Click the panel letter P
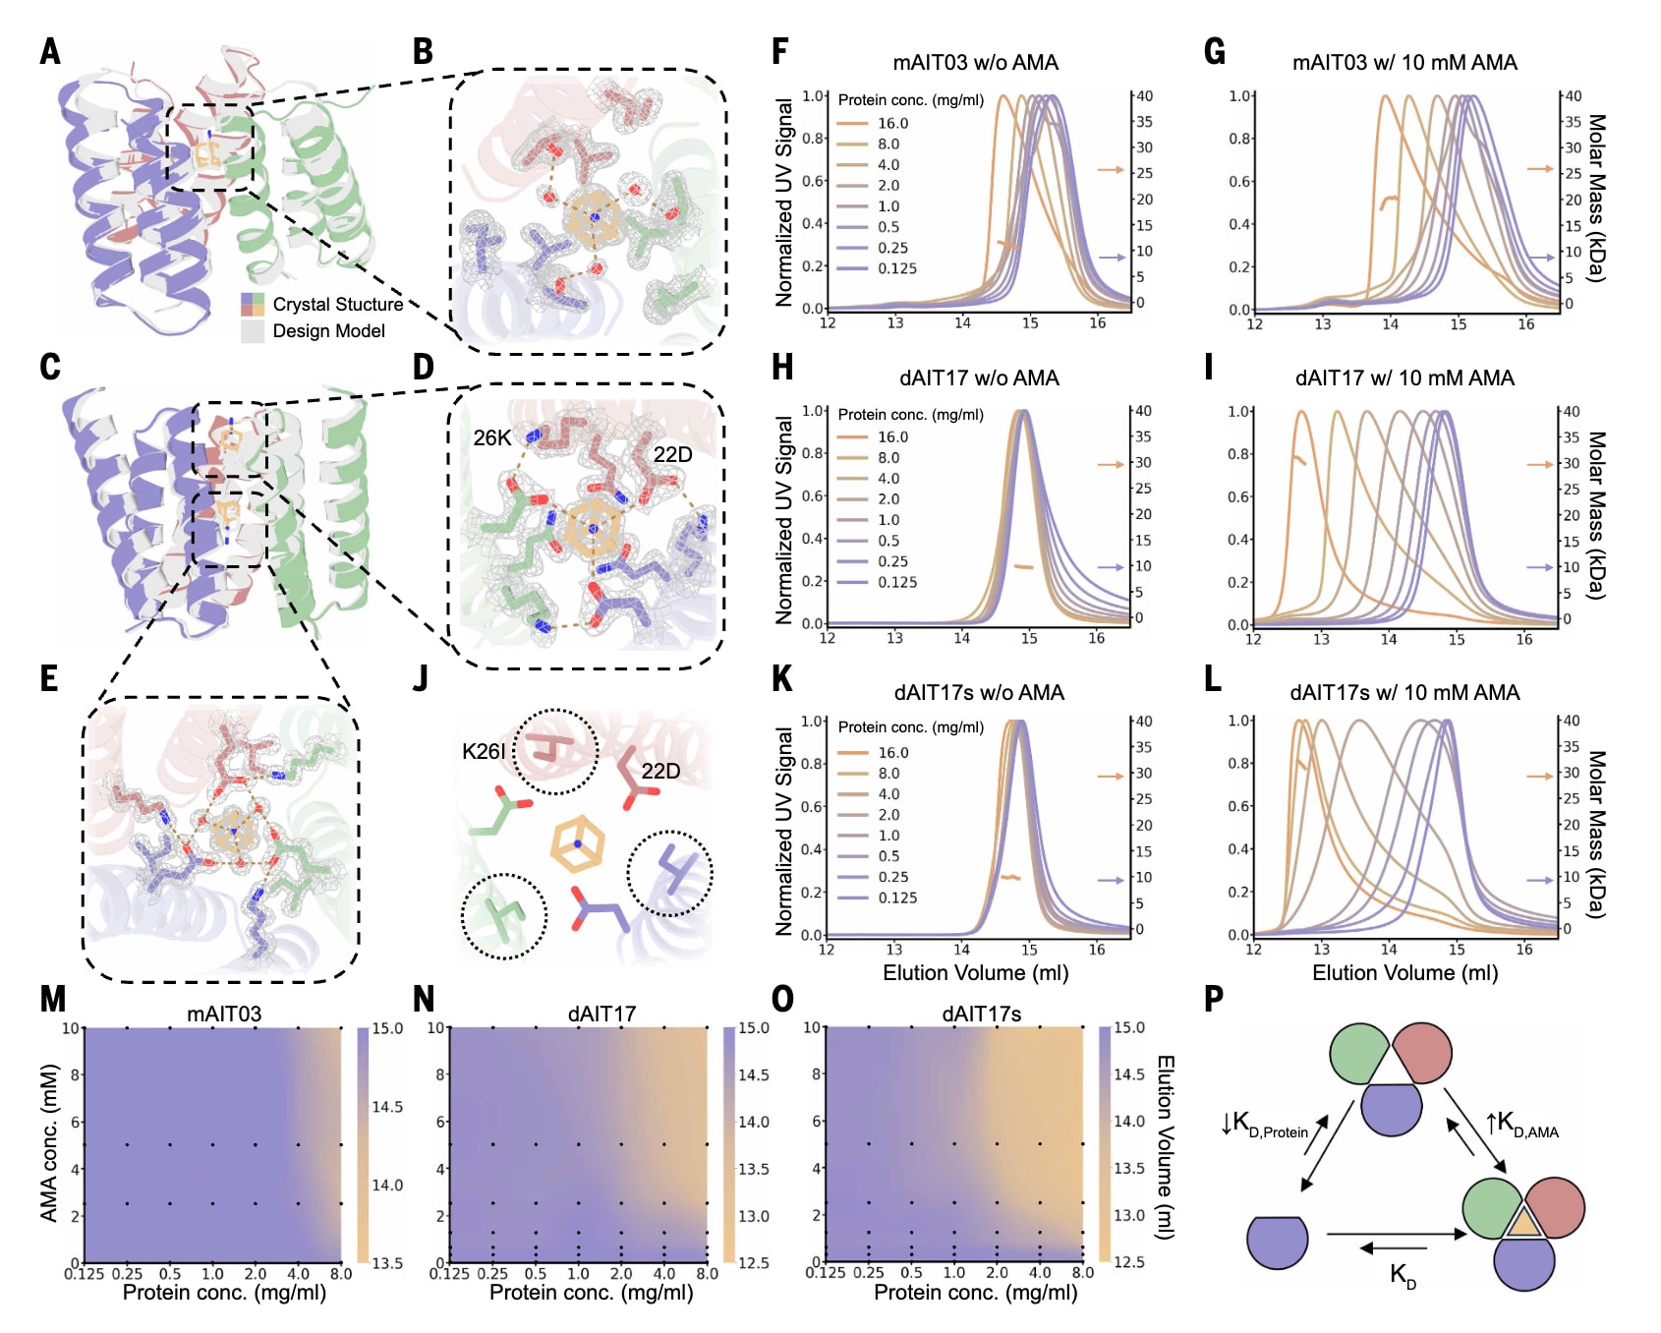[x=1214, y=1000]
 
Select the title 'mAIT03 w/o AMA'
[x=975, y=63]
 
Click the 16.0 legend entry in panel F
[x=892, y=124]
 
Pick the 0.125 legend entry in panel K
[x=897, y=898]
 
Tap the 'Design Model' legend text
[x=328, y=331]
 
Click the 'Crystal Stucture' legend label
[x=338, y=305]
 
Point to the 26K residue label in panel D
[x=491, y=438]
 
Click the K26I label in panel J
[x=484, y=752]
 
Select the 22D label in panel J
[x=660, y=772]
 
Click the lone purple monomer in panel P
[x=1277, y=1243]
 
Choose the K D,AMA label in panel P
[x=1521, y=1125]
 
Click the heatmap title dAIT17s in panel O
[x=981, y=1014]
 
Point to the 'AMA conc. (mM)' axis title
[x=49, y=1143]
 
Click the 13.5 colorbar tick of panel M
[x=387, y=1263]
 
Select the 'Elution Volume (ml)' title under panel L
[x=1404, y=973]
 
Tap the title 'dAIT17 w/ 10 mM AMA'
[x=1404, y=378]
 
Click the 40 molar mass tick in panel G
[x=1573, y=96]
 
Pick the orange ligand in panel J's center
[x=577, y=844]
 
